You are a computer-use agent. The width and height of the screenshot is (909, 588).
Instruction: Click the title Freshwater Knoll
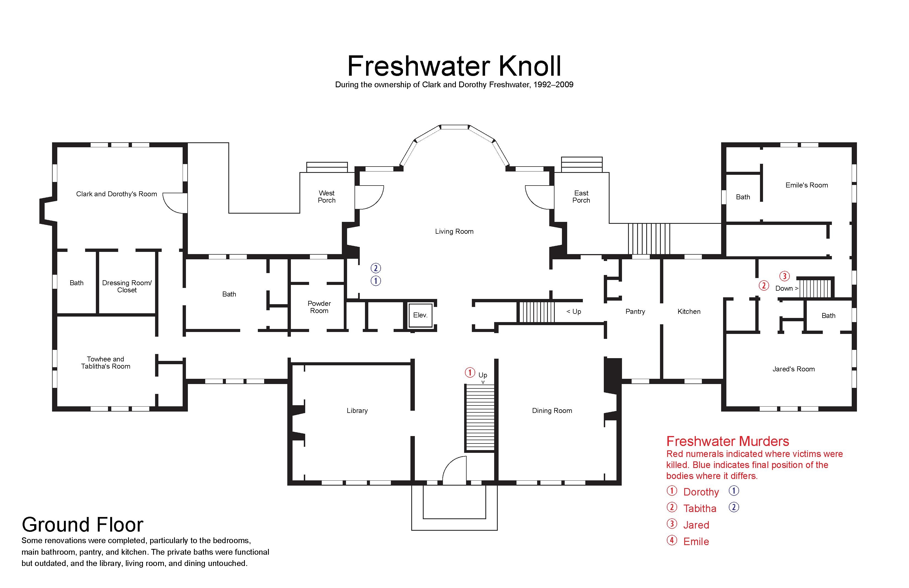454,66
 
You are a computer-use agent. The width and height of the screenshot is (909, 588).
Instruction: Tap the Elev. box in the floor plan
420,315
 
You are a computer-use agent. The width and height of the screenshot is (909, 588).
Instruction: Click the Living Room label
454,232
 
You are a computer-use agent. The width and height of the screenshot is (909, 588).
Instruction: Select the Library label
357,410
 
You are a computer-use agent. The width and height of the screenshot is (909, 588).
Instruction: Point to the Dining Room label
552,410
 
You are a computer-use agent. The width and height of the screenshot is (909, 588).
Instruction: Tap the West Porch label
327,197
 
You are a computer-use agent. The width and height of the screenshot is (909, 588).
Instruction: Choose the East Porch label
581,197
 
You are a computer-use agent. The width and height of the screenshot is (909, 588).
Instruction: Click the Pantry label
635,312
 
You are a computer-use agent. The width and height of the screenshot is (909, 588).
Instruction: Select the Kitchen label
689,312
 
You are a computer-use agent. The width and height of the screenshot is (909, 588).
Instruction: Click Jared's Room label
794,369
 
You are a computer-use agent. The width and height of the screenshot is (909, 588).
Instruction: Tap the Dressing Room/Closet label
127,287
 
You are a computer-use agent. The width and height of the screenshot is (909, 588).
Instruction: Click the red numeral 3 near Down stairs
784,276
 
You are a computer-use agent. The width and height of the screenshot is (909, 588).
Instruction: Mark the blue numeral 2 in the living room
375,268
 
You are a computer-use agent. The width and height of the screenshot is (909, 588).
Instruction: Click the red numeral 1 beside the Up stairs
470,372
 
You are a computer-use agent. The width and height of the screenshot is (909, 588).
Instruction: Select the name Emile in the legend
696,541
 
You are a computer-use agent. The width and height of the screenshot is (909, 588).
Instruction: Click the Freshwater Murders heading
727,442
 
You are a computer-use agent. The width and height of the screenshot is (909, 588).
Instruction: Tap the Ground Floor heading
82,525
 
